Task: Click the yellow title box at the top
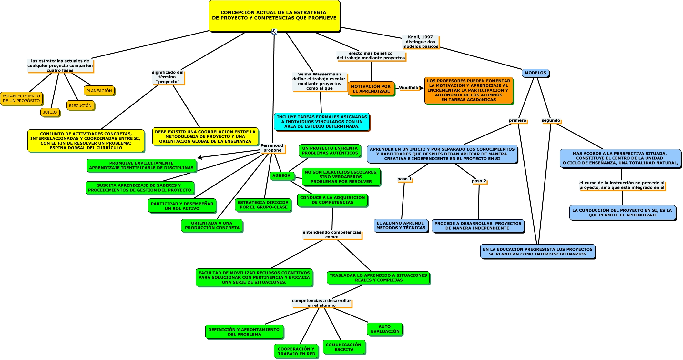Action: click(274, 15)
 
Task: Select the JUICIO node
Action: click(50, 112)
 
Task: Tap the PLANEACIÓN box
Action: click(99, 91)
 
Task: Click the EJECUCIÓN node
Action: click(80, 105)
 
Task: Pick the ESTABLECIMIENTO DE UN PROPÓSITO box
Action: click(21, 98)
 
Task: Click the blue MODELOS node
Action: click(535, 73)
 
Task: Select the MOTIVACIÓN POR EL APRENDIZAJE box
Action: click(371, 89)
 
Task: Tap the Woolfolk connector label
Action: click(409, 88)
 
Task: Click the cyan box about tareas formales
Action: click(322, 122)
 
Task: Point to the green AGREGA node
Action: click(281, 176)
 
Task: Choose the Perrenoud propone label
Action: click(272, 148)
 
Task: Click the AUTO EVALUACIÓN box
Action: click(385, 329)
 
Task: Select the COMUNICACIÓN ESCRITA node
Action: click(344, 347)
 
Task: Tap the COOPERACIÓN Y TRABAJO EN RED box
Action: click(296, 351)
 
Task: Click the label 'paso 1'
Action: click(404, 179)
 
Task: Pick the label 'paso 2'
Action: click(479, 181)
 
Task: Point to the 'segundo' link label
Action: click(551, 120)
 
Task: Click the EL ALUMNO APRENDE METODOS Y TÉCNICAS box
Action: click(401, 225)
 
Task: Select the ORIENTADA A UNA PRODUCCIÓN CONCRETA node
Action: click(212, 225)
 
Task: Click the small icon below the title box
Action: click(274, 32)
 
